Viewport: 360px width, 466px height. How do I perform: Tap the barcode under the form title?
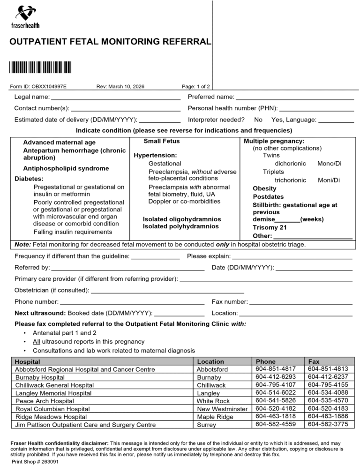click(x=40, y=67)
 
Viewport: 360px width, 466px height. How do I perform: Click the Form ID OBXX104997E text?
click(x=38, y=86)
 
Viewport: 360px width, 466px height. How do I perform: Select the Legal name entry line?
click(x=115, y=98)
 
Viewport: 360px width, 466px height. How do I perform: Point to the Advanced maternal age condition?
click(x=60, y=142)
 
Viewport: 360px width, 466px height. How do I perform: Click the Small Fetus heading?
click(x=161, y=141)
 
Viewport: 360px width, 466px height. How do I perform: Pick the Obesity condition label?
click(x=265, y=188)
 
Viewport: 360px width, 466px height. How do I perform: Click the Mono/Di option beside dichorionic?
click(x=329, y=164)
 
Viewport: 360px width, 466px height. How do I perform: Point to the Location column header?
click(x=210, y=361)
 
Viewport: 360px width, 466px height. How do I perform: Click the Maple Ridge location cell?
click(x=215, y=417)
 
